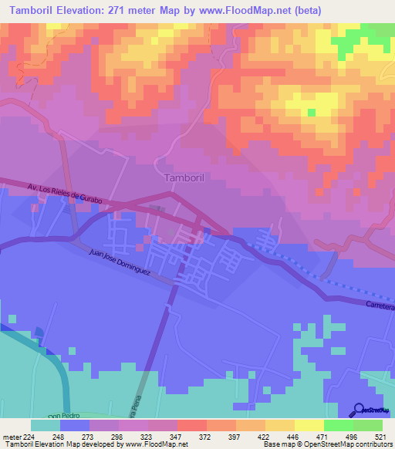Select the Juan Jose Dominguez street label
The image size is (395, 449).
tap(120, 264)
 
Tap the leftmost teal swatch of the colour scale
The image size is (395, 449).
tap(46, 425)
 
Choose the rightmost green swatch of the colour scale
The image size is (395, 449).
tap(368, 425)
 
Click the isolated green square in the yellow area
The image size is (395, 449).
tap(311, 113)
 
